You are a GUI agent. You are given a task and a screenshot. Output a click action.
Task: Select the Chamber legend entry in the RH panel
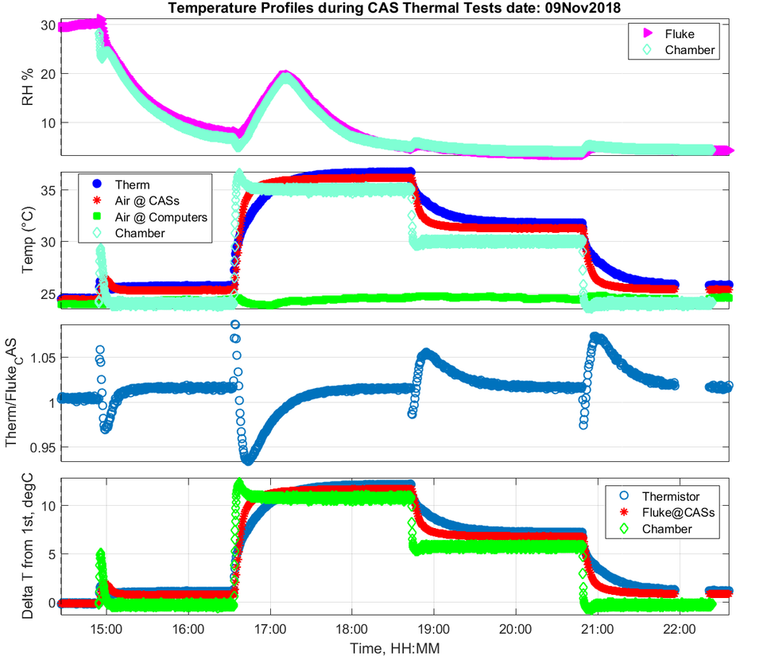tap(689, 50)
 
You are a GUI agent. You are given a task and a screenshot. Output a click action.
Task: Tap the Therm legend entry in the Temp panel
tap(132, 184)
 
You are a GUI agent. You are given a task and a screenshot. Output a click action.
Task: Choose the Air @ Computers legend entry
tap(161, 216)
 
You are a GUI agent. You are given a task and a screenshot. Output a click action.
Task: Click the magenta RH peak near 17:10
tap(285, 74)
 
